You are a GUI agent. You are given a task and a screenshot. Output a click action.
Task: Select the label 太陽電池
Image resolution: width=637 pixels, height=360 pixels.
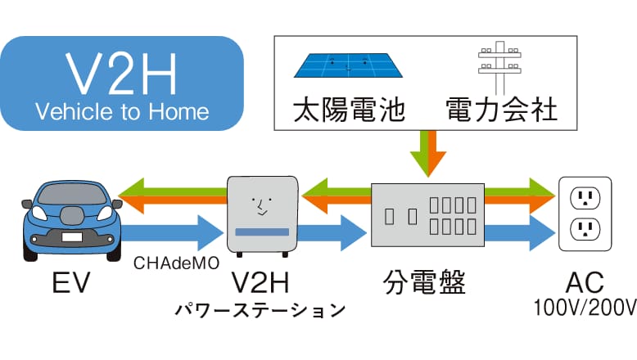pyautogui.click(x=349, y=109)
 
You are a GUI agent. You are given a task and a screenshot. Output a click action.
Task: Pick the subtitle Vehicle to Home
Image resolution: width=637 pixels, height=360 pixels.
pyautogui.click(x=122, y=111)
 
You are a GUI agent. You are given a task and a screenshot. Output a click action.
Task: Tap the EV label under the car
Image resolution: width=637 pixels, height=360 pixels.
pyautogui.click(x=69, y=283)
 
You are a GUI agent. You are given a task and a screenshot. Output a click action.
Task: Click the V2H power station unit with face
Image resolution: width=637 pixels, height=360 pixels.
pyautogui.click(x=262, y=212)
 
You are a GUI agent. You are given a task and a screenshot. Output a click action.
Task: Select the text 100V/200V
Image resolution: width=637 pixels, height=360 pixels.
pyautogui.click(x=584, y=308)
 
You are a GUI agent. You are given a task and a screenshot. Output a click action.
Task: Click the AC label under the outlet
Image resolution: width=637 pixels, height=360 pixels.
pyautogui.click(x=585, y=283)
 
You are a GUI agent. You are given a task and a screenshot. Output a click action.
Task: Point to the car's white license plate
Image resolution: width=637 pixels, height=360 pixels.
pyautogui.click(x=70, y=237)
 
